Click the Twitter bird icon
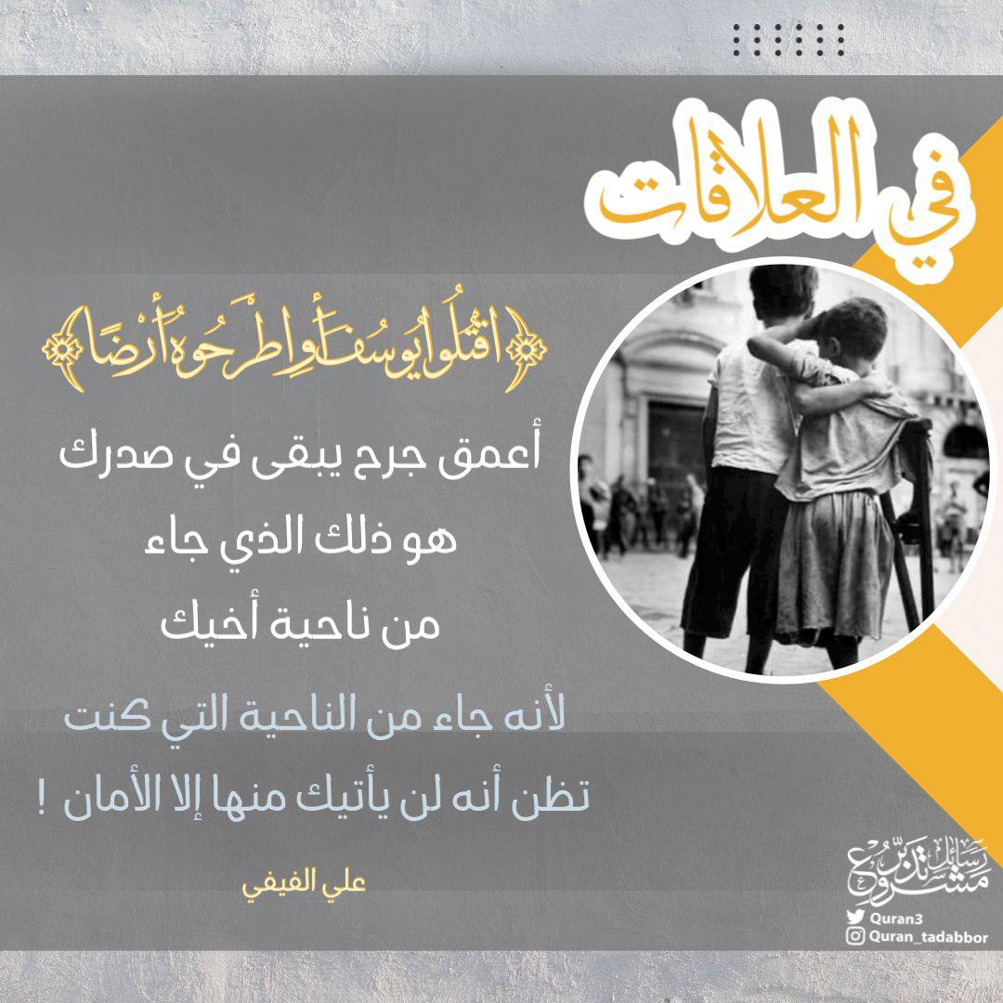pos(855,917)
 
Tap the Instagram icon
pos(855,937)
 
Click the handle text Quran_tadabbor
pos(928,938)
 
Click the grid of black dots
pos(788,40)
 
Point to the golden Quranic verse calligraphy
pos(294,348)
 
